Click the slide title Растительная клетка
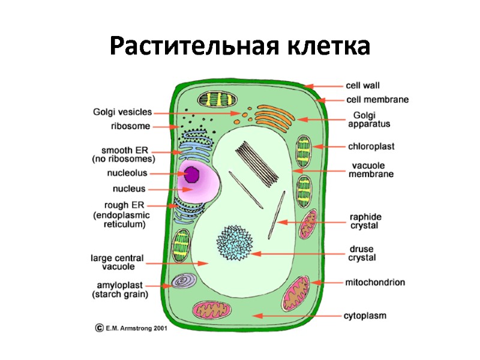tap(240, 46)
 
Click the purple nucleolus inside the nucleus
tap(192, 174)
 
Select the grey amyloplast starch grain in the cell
tap(182, 281)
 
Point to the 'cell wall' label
tap(362, 86)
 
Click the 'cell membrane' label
tap(377, 100)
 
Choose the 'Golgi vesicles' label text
tap(122, 112)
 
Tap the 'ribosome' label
tap(130, 126)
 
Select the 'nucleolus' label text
tap(127, 173)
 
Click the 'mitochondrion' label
tap(374, 281)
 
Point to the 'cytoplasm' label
tap(365, 314)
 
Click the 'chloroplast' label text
tap(371, 146)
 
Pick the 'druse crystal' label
tap(362, 253)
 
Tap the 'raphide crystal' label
tap(366, 221)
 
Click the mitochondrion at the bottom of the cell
tap(212, 311)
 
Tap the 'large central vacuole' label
tap(117, 262)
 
